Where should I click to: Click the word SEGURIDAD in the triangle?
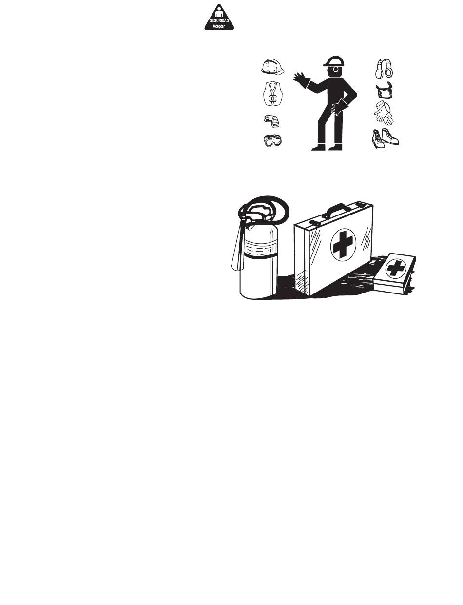coord(219,21)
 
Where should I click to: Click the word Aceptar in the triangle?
coord(219,27)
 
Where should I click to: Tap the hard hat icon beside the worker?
coord(272,67)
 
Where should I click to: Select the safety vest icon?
coord(273,94)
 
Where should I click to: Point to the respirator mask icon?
coord(271,120)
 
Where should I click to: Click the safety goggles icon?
coord(272,140)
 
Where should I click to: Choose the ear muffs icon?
coord(384,68)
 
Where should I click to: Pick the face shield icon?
coord(384,90)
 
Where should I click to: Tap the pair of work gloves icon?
coord(384,113)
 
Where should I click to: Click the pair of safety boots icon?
coord(386,138)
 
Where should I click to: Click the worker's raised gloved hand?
coord(301,78)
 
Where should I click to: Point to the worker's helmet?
coord(334,61)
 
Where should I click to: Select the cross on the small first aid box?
coord(395,269)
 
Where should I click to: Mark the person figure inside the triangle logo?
coord(219,14)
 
